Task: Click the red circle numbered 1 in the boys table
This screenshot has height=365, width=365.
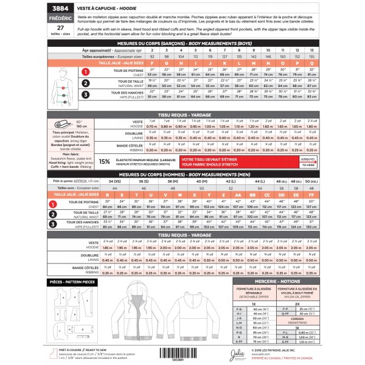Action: pos(86,72)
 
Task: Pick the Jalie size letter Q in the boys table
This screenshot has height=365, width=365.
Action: pos(311,62)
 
